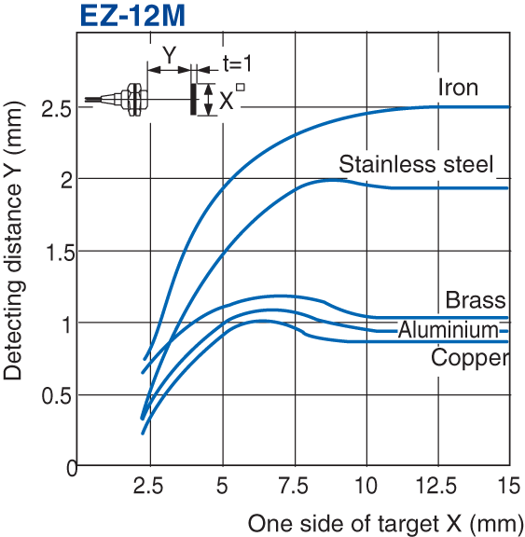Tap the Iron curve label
click(x=457, y=88)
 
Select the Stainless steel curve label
click(x=415, y=165)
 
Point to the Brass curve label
click(x=475, y=300)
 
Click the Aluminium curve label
click(x=449, y=330)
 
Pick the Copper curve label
click(x=469, y=358)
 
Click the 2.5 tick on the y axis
click(x=57, y=108)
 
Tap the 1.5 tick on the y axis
click(x=57, y=252)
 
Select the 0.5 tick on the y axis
click(x=57, y=394)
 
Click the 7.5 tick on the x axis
click(x=295, y=487)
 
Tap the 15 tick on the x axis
click(x=508, y=487)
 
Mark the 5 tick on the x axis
click(x=223, y=487)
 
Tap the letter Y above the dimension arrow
click(x=169, y=55)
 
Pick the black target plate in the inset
click(x=194, y=99)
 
